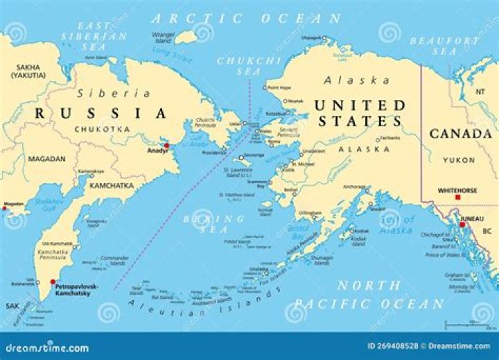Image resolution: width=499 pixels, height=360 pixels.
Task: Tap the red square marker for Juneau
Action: (x=462, y=224)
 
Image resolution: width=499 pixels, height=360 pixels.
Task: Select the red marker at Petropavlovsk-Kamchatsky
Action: (x=53, y=282)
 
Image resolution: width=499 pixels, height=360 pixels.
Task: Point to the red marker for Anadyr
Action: (x=166, y=146)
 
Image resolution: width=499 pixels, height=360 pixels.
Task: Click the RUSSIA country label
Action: (x=102, y=113)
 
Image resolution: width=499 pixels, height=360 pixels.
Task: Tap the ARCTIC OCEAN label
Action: (x=246, y=19)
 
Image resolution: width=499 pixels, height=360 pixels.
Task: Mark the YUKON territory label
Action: (x=460, y=160)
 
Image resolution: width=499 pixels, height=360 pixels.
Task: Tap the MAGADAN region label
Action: (x=46, y=159)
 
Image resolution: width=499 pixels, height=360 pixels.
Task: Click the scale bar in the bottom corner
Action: (x=468, y=323)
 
